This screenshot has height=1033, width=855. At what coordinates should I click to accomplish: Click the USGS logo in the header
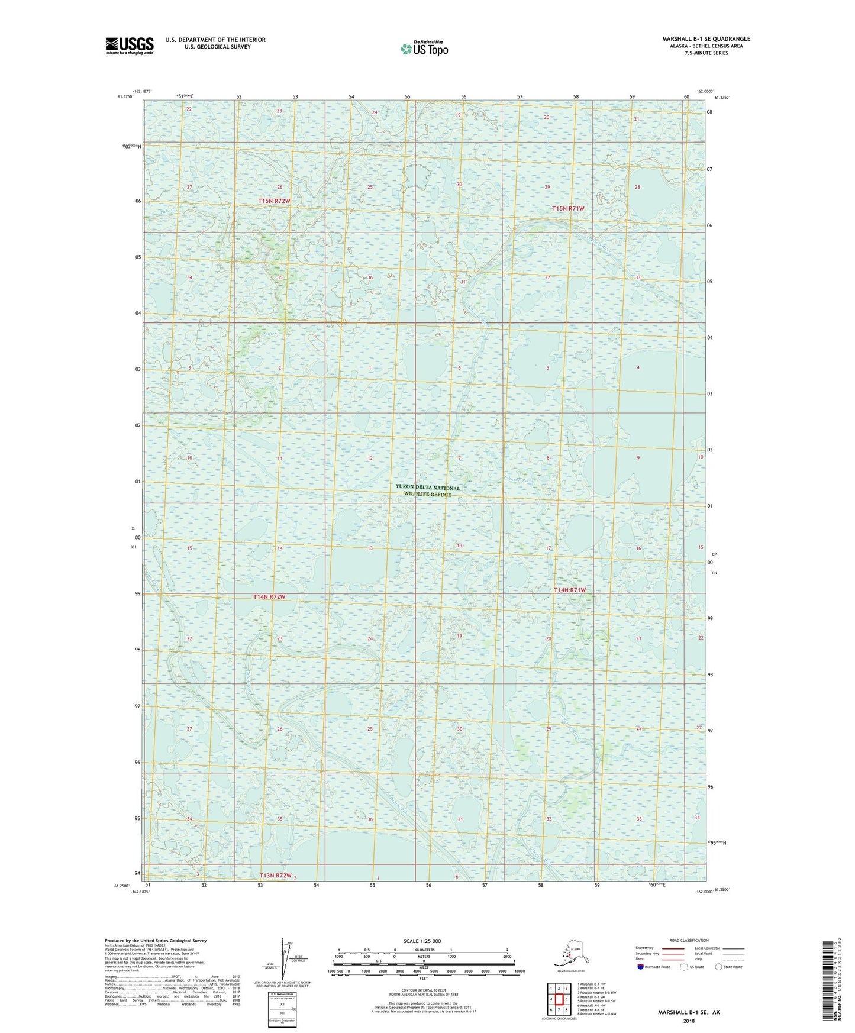pos(129,46)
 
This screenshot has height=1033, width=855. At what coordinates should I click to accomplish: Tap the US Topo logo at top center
pos(424,48)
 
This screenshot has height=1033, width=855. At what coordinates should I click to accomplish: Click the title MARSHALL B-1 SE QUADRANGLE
pos(706,39)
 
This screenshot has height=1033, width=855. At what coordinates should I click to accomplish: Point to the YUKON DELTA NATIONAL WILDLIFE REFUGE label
pos(427,490)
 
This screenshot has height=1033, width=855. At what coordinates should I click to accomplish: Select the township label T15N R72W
pos(275,201)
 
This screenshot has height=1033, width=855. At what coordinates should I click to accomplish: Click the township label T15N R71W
pos(568,209)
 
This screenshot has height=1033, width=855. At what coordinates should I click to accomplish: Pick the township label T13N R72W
pos(276,876)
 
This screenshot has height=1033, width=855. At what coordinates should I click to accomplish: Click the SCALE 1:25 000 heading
pos(422,941)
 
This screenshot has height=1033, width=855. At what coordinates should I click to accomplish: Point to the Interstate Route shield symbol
pos(641,967)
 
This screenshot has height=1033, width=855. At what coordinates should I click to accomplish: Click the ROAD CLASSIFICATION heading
pos(689,940)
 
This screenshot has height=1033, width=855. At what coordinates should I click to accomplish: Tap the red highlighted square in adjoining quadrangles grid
pos(559,999)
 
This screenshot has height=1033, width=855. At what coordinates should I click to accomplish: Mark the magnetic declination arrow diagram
pos(282,963)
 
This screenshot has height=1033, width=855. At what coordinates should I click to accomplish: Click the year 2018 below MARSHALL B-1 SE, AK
pos(689,1021)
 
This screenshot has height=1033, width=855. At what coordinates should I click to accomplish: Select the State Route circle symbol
pos(719,967)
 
